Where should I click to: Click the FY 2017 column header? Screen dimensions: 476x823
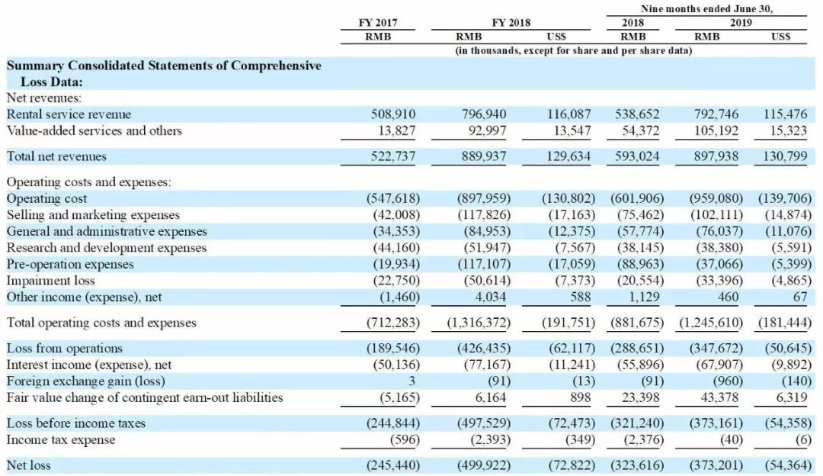tap(378, 22)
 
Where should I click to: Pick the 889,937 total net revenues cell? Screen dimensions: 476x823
tap(483, 156)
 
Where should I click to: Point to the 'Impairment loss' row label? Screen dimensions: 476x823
tap(50, 280)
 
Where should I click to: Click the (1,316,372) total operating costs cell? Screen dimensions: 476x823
tap(479, 323)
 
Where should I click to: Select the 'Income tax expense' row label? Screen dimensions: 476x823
tap(61, 439)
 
